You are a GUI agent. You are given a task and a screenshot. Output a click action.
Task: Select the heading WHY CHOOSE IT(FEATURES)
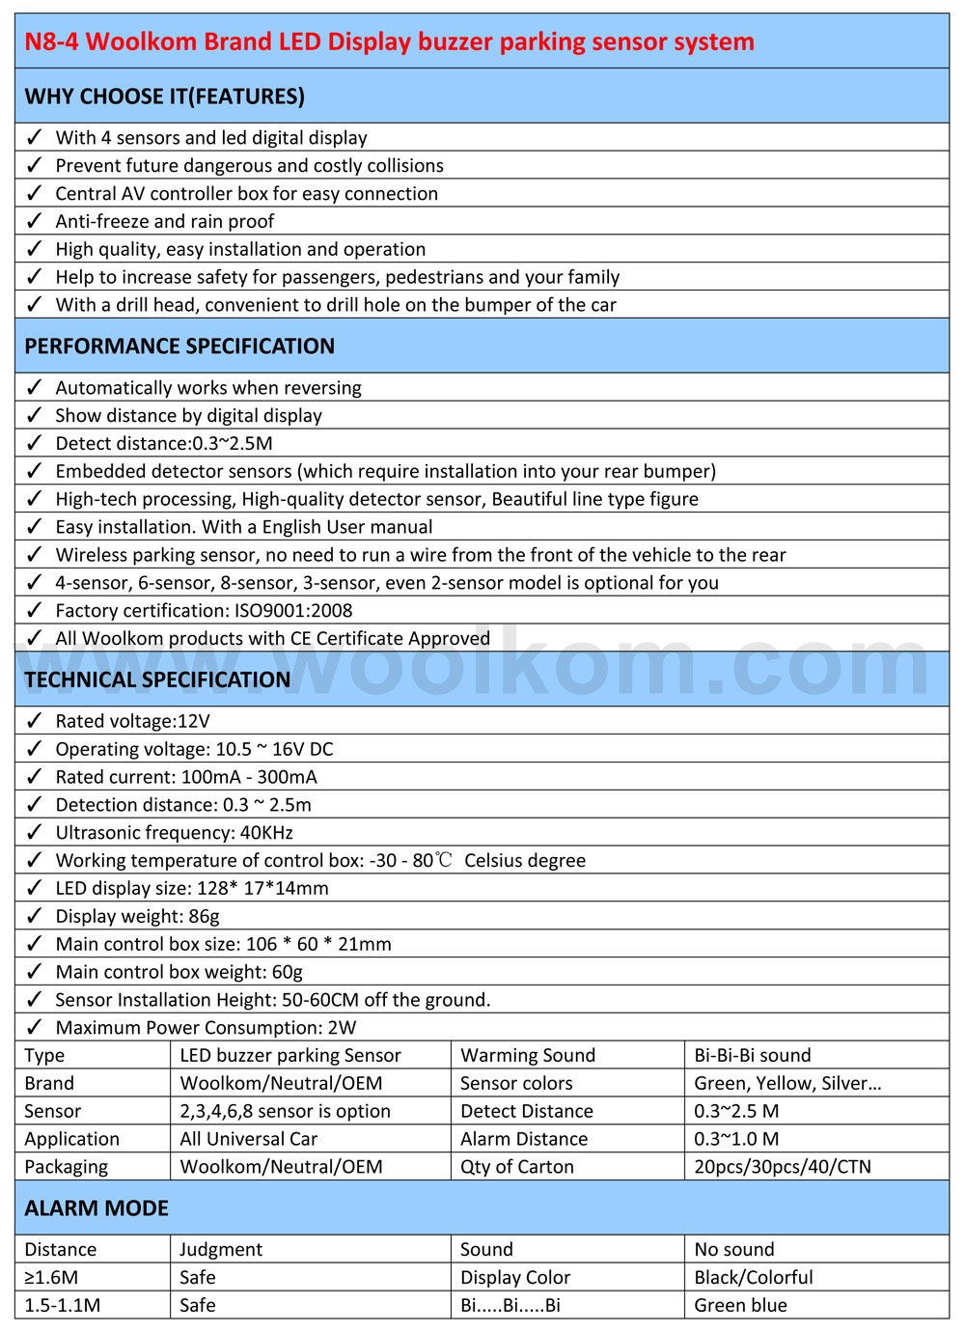point(164,97)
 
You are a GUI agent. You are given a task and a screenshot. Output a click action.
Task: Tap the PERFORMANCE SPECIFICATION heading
point(179,347)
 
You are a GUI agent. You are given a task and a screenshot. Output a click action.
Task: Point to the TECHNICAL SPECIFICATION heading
point(157,680)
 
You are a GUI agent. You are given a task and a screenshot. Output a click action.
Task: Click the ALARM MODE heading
point(96,1208)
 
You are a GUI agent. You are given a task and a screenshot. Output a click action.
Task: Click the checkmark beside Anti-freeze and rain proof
point(35,221)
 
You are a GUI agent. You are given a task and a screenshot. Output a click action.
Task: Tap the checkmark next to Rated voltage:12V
point(35,721)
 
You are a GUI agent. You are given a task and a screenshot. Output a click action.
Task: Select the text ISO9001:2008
point(293,611)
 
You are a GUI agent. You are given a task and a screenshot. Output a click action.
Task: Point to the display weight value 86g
point(204,916)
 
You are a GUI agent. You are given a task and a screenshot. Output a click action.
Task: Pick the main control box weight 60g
point(286,972)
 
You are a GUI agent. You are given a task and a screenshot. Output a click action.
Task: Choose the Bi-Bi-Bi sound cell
point(753,1056)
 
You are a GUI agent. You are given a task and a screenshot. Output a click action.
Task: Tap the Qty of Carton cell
point(517,1167)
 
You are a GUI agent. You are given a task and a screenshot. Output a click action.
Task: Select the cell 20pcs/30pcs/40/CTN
point(783,1167)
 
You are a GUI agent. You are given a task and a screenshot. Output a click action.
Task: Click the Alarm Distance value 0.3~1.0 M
point(736,1139)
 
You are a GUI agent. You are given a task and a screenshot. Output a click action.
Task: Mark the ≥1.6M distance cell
point(51,1278)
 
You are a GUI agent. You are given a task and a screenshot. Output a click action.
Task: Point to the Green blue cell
point(741,1306)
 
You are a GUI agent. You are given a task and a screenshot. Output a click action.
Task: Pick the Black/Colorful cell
point(754,1278)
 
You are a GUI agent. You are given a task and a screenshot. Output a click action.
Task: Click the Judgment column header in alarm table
point(221,1250)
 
